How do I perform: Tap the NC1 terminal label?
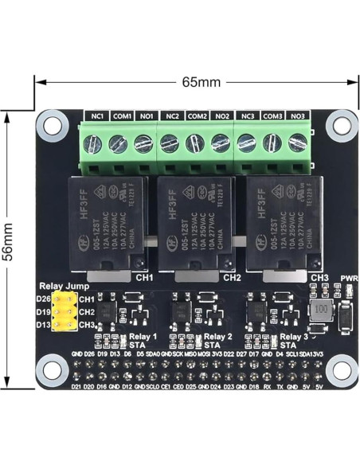coord(97,117)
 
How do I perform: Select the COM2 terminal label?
coord(198,117)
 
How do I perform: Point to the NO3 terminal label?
coord(297,117)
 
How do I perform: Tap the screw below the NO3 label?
coord(298,143)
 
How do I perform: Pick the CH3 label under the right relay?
coord(320,277)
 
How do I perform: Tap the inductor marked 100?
coord(321,308)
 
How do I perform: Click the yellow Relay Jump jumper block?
coord(65,311)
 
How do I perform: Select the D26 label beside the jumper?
coord(43,299)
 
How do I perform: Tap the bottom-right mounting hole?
coord(345,369)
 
